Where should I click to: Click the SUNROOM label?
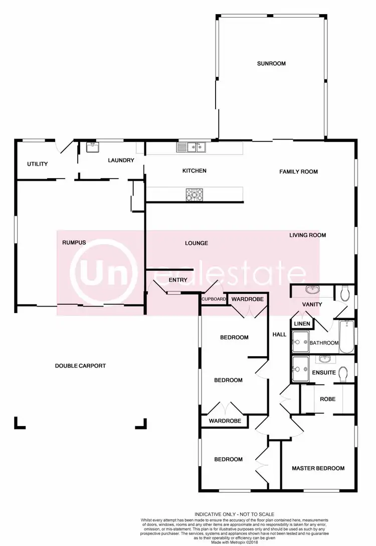[271, 64]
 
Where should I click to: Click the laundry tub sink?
[93, 147]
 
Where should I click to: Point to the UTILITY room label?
[37, 164]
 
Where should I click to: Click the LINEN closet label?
[301, 324]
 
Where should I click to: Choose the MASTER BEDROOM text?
[318, 468]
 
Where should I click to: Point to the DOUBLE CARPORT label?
[80, 366]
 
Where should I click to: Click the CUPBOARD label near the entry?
[214, 300]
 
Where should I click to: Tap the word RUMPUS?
[74, 242]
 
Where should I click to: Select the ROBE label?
[328, 399]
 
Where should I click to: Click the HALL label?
[279, 334]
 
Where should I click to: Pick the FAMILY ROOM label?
[298, 172]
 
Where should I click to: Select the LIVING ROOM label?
[307, 235]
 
